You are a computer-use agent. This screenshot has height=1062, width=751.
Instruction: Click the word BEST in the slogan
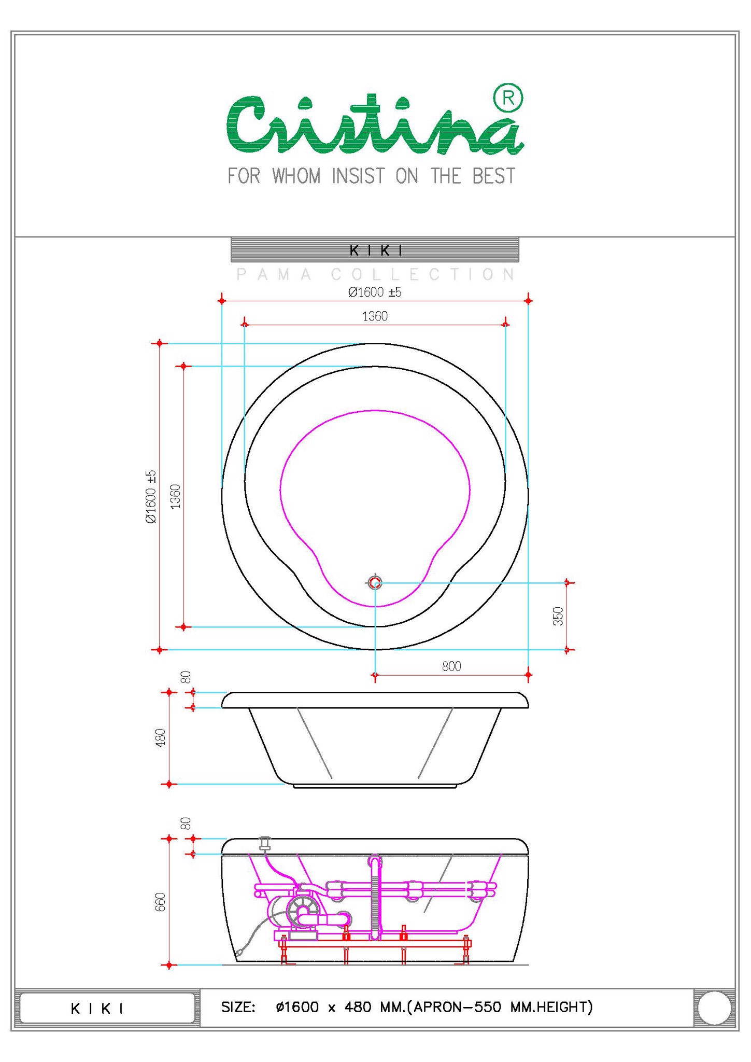click(x=493, y=176)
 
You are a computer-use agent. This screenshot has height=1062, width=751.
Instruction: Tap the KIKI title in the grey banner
click(x=376, y=251)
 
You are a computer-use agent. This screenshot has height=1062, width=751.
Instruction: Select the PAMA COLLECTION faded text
click(x=375, y=274)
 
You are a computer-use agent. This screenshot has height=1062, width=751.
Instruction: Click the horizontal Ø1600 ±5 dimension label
click(x=375, y=292)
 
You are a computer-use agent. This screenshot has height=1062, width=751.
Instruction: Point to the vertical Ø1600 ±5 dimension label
click(x=150, y=496)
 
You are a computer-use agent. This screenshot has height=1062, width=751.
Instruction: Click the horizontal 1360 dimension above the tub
click(x=375, y=316)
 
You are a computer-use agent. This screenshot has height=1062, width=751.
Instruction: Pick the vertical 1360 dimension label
click(x=175, y=496)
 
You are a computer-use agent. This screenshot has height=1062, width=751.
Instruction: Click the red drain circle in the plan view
click(x=375, y=583)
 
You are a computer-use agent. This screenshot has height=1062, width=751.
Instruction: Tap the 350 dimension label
click(x=558, y=616)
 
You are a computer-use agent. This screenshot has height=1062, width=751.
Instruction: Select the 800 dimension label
click(x=451, y=666)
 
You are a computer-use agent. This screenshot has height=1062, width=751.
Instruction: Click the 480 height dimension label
click(x=160, y=737)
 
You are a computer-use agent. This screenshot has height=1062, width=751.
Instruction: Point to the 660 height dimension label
click(x=160, y=902)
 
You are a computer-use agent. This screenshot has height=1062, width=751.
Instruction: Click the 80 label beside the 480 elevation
click(x=186, y=677)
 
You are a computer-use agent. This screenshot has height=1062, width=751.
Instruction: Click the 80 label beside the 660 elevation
click(x=186, y=823)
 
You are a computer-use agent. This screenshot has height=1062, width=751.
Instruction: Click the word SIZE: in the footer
click(x=238, y=1007)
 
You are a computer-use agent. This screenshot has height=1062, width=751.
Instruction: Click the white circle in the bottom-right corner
click(x=714, y=1008)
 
